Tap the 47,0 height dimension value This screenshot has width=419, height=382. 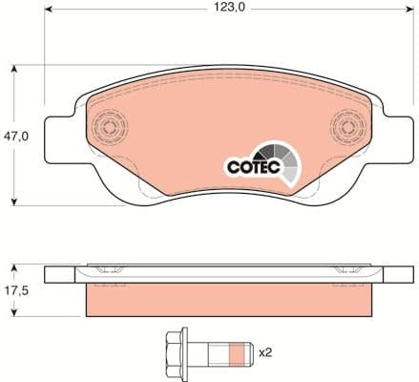coord(18,136)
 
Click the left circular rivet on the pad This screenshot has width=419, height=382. coord(107,127)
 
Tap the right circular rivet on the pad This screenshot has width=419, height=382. coord(348,128)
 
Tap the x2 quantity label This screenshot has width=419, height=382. coord(268,353)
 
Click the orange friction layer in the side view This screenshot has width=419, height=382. coord(227,301)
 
